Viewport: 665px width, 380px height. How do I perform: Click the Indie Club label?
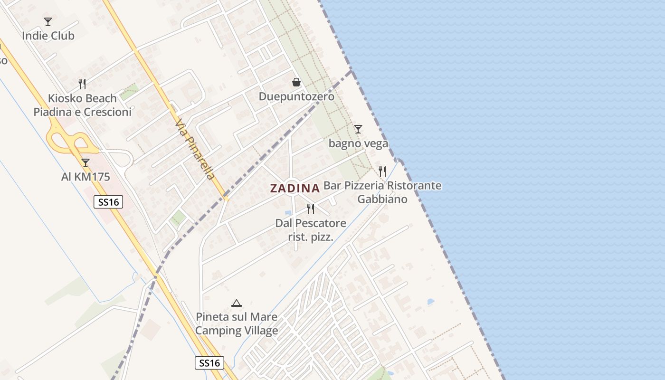click(48, 36)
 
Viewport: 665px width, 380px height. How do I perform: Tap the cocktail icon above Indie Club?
click(48, 21)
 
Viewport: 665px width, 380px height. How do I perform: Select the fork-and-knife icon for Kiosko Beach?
click(82, 84)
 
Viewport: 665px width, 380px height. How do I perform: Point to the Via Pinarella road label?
click(195, 150)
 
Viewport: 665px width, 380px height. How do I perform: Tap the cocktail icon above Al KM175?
click(85, 163)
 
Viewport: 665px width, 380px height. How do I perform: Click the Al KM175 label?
click(85, 177)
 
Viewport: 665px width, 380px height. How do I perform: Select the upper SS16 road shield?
click(108, 202)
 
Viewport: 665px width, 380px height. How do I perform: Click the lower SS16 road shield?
click(209, 363)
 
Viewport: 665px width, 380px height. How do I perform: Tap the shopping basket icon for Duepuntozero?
click(296, 82)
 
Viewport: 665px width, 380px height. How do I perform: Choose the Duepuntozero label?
click(296, 96)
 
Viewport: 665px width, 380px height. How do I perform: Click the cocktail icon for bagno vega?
click(358, 129)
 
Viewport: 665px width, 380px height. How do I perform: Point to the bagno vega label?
click(358, 143)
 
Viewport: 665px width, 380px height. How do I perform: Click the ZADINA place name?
click(294, 188)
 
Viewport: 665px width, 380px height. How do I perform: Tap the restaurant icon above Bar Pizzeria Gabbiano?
click(382, 171)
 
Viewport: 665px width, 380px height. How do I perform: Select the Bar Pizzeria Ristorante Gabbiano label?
click(382, 192)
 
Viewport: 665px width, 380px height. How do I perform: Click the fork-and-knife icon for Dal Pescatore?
click(311, 209)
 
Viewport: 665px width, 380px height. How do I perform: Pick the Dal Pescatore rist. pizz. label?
click(311, 229)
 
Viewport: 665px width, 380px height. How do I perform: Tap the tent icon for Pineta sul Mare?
click(236, 303)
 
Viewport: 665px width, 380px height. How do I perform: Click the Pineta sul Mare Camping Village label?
click(237, 323)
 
